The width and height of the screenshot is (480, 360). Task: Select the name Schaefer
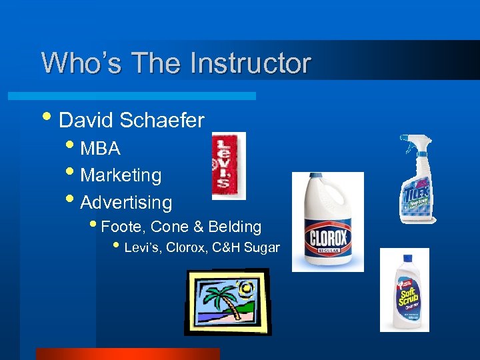162,120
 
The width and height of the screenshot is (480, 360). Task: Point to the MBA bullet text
100,148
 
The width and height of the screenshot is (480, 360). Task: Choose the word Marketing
121,175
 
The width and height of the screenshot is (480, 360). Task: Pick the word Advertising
126,202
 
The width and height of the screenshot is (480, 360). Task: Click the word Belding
235,227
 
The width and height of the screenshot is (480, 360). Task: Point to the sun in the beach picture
247,289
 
